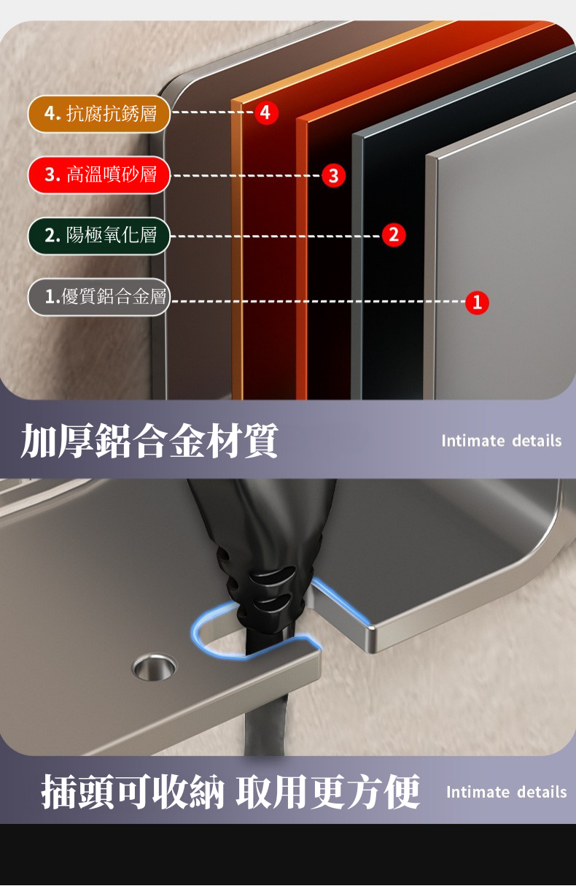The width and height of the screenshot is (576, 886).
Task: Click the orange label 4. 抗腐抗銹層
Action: point(98,114)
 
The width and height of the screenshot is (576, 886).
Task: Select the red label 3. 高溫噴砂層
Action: point(98,175)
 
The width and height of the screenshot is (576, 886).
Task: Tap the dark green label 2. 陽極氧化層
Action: point(98,236)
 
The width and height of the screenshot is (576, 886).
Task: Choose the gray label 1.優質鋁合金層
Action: point(98,296)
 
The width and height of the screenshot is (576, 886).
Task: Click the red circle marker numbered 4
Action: point(266,112)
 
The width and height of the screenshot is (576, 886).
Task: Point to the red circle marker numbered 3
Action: point(333,175)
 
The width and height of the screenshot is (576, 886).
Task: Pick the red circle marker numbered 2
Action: point(394,235)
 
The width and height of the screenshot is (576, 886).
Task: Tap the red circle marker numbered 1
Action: point(477,303)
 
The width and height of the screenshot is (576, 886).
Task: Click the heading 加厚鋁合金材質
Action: point(149,441)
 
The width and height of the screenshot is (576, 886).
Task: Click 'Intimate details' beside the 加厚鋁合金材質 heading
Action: point(502,441)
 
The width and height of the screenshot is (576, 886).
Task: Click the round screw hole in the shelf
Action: point(154,667)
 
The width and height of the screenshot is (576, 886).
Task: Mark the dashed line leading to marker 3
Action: point(247,175)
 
